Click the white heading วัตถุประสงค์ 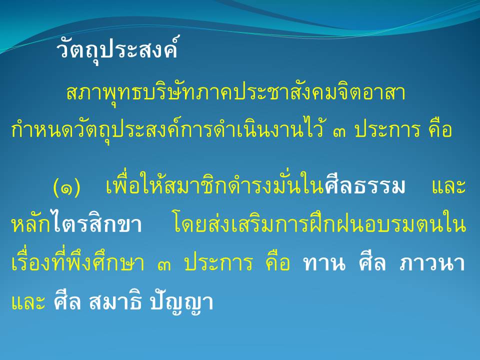117,49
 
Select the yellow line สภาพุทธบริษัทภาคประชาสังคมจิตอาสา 235,92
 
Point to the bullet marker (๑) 66,186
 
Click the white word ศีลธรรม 365,184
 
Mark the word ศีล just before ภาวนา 372,262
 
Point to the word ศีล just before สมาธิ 67,300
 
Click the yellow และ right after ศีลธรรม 449,186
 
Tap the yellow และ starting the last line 28,302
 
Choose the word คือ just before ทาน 277,262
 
